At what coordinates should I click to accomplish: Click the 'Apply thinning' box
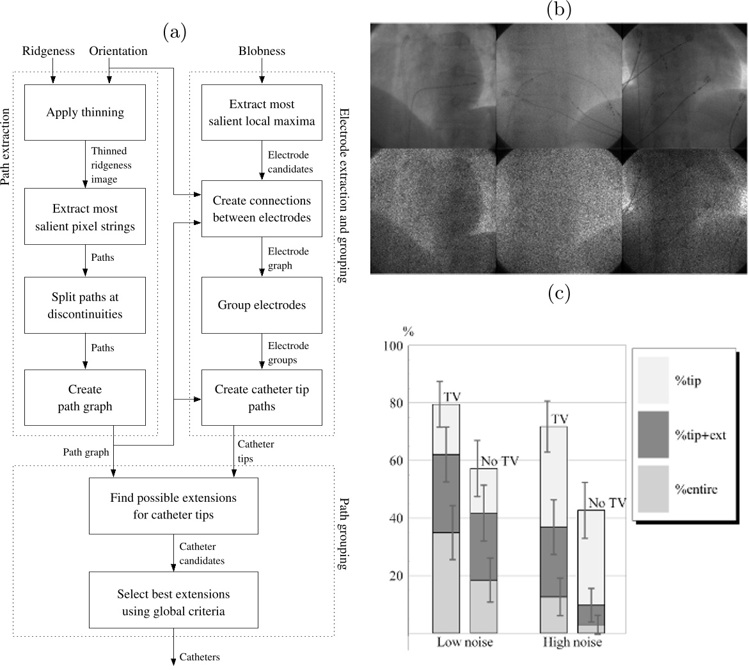point(85,113)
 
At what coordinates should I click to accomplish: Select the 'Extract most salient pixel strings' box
point(85,217)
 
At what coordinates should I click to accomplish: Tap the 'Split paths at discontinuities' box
point(85,306)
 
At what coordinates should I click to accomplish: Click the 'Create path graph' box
point(85,398)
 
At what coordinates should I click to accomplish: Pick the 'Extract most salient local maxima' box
point(262,113)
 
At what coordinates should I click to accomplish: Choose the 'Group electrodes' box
point(262,305)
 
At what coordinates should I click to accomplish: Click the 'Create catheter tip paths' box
point(262,398)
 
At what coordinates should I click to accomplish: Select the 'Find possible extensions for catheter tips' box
point(173,506)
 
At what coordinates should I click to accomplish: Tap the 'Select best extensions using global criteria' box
point(173,602)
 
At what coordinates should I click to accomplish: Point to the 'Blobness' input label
point(262,51)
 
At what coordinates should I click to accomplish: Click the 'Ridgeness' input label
point(48,51)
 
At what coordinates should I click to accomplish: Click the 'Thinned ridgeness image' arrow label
point(109,166)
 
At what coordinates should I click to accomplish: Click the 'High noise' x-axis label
point(572,643)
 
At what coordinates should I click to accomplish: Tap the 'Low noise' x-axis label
point(465,643)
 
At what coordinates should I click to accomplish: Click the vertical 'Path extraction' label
point(6,147)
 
